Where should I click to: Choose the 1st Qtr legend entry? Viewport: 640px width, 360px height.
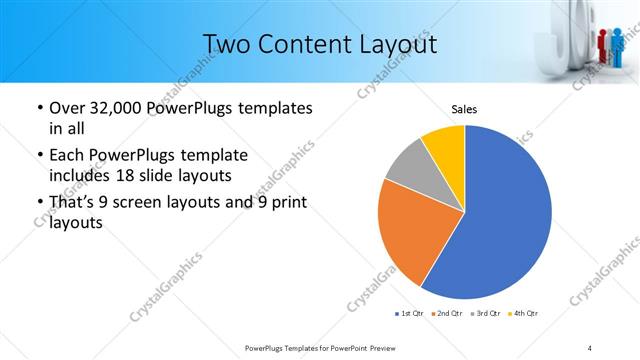pyautogui.click(x=410, y=315)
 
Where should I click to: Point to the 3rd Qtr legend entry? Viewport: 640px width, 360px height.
pyautogui.click(x=486, y=315)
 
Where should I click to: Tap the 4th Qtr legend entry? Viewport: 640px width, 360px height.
pyautogui.click(x=524, y=315)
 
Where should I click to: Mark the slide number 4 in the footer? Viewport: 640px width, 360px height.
pyautogui.click(x=591, y=347)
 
